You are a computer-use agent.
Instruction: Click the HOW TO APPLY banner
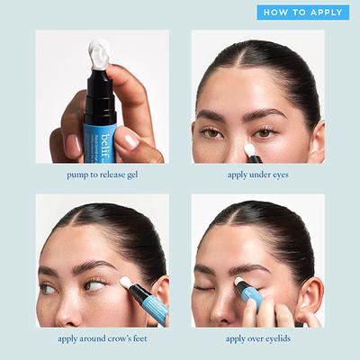(302, 13)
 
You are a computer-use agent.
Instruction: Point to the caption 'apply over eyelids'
(257, 338)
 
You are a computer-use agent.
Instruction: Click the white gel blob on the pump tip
(101, 52)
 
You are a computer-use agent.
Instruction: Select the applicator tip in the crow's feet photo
(126, 282)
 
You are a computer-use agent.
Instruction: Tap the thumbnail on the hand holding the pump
(127, 138)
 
